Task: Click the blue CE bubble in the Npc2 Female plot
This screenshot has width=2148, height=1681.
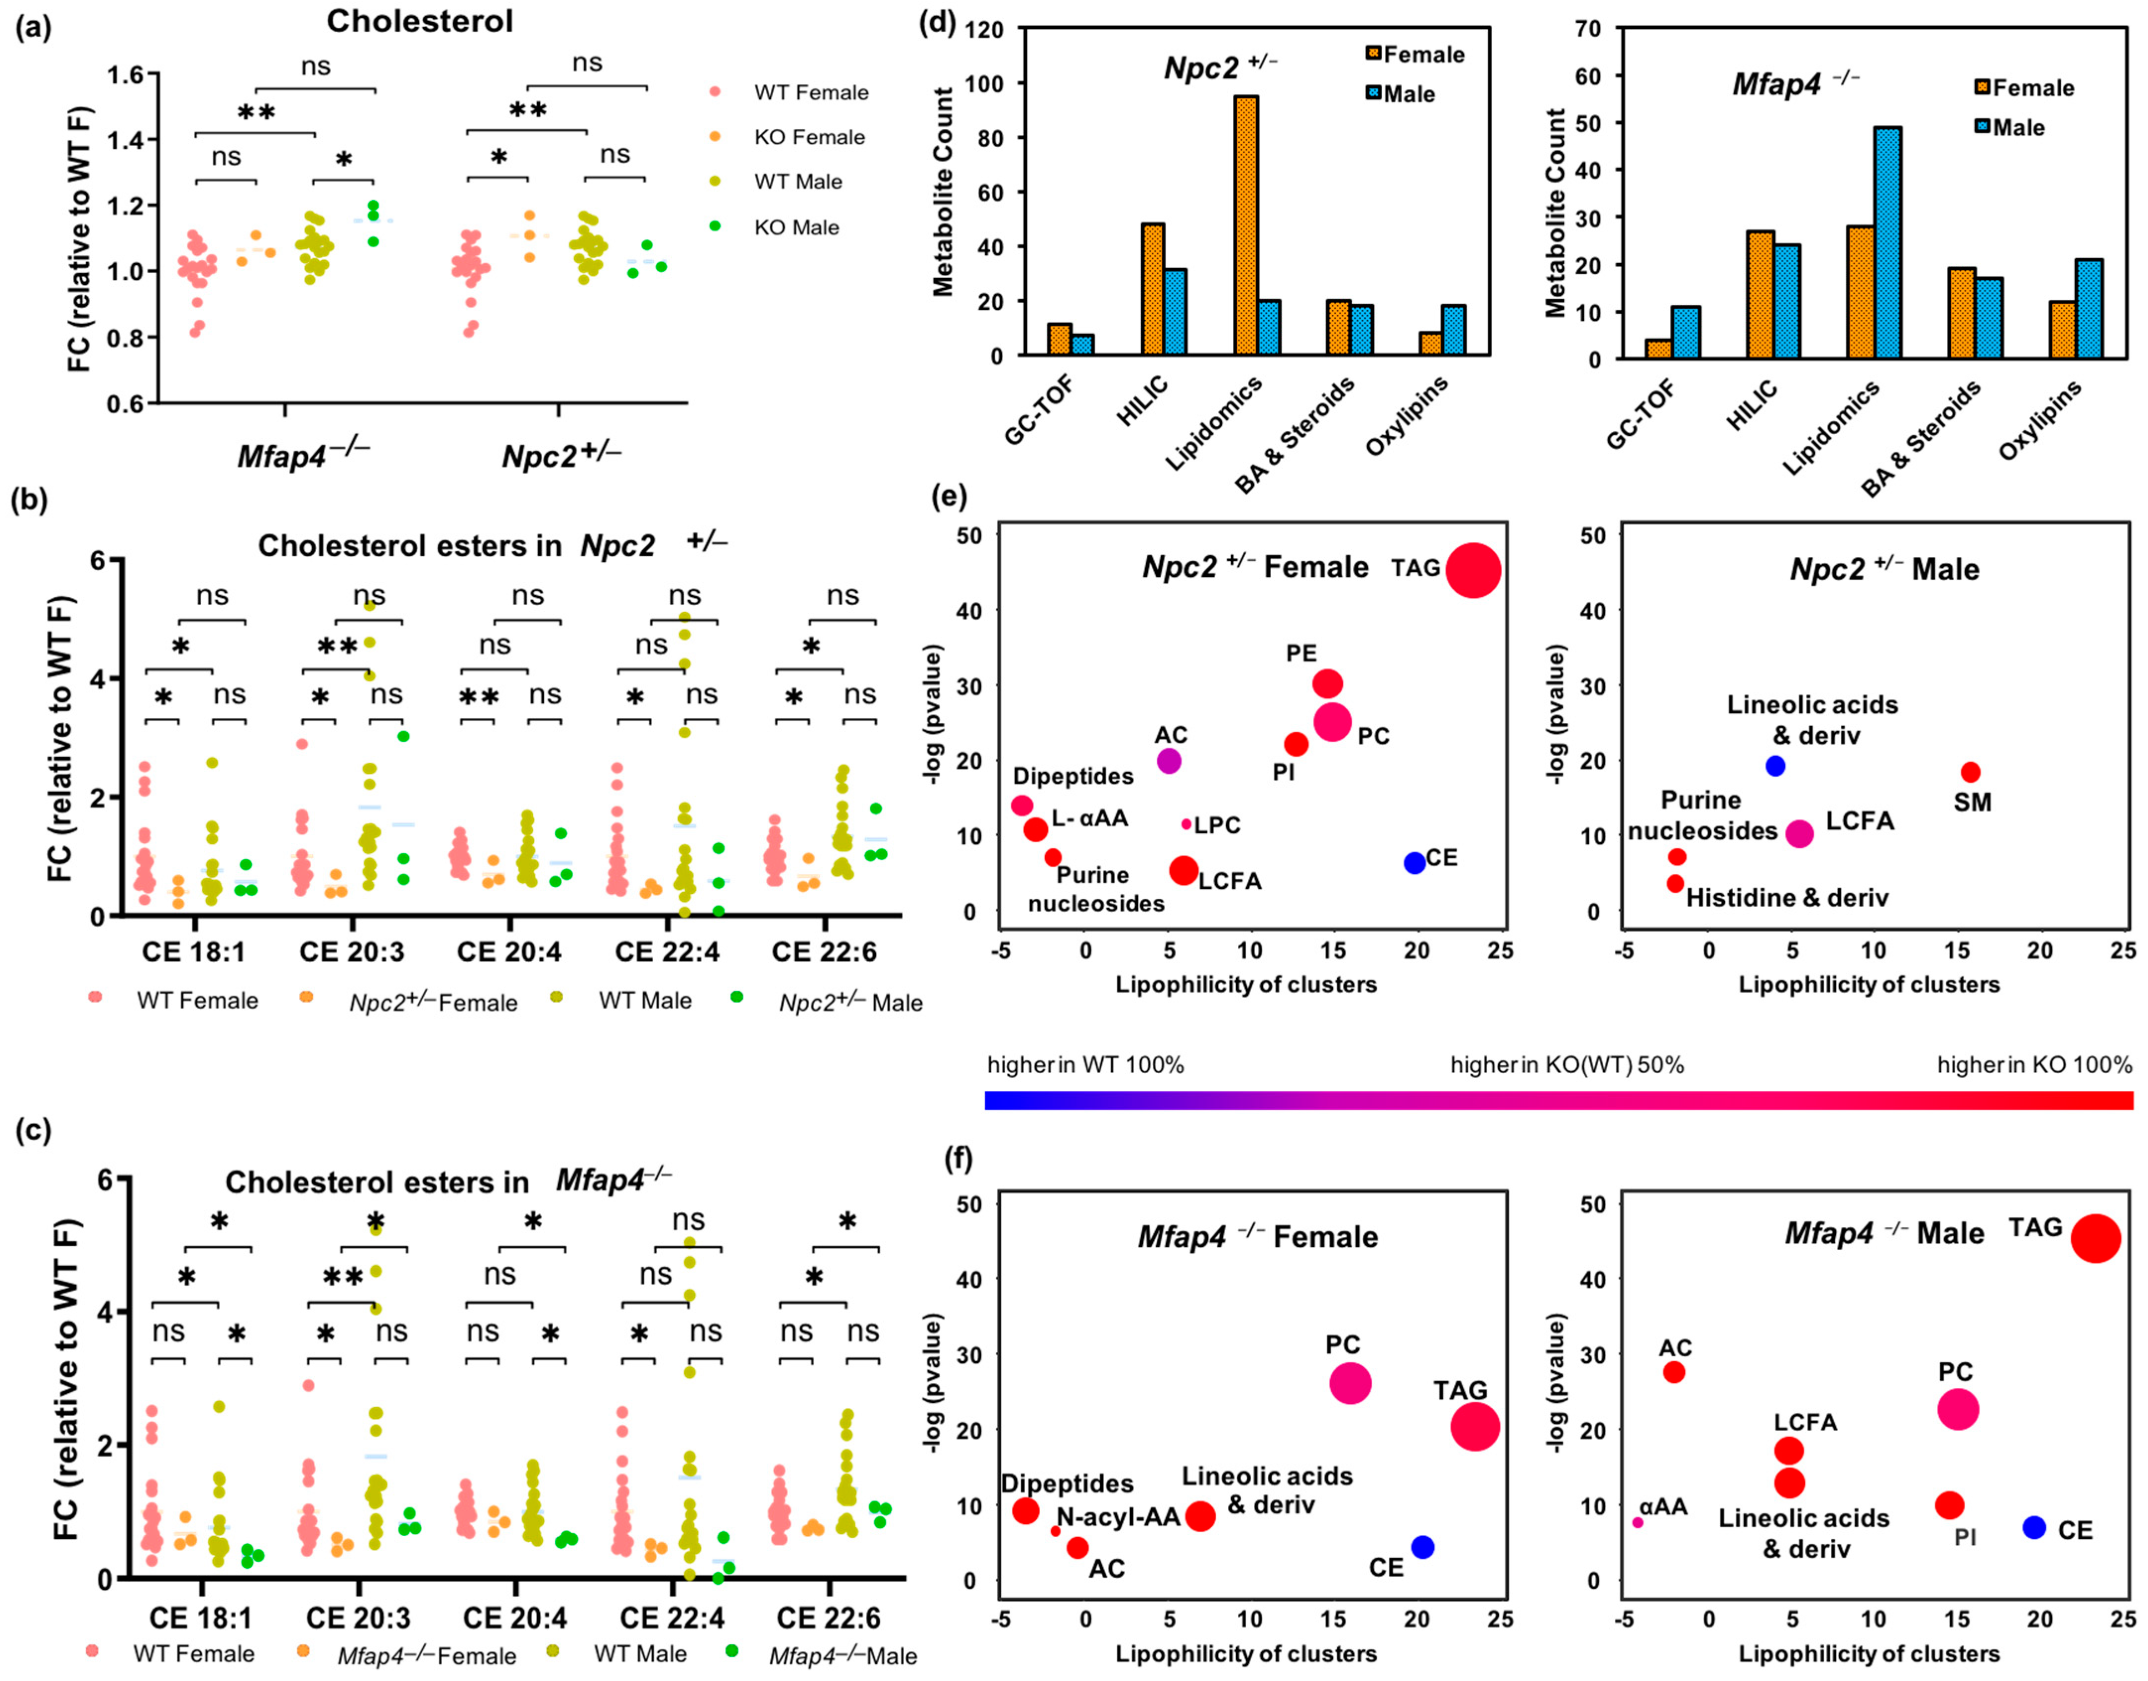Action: [1414, 862]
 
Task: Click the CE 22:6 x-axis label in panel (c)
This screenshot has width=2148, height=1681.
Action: [829, 1618]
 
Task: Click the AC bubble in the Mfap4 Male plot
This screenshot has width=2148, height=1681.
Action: [1674, 1371]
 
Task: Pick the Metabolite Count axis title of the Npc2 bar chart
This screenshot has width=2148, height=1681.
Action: [943, 192]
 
